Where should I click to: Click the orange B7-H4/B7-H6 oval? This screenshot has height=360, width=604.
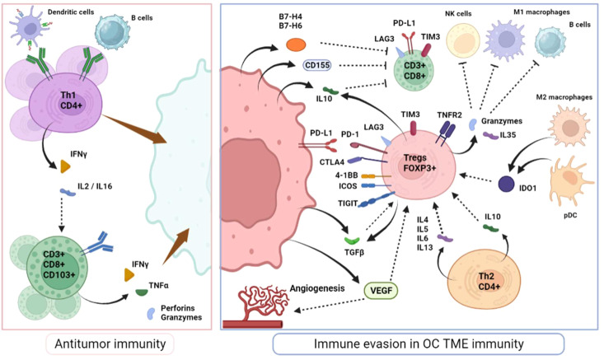coord(296,44)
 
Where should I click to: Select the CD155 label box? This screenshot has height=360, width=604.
coord(317,65)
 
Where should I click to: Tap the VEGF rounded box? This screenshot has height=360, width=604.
coord(381,291)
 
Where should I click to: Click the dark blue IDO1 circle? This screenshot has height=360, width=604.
coord(506,184)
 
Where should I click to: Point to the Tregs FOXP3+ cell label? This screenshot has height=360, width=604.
coord(414,163)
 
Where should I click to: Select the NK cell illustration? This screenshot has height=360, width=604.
coord(462,42)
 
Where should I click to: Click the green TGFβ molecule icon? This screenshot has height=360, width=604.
coord(352,241)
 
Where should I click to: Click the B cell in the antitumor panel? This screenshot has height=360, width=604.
coord(112,33)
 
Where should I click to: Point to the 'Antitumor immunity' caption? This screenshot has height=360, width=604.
coord(110,344)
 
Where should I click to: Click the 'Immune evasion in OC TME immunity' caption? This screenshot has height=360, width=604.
coord(419,344)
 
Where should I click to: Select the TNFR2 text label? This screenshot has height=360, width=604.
coord(449,115)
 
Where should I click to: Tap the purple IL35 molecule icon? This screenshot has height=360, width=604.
coord(490,135)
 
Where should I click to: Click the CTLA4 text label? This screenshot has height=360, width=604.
coord(331,162)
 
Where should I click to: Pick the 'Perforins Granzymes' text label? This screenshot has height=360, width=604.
coord(181,313)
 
